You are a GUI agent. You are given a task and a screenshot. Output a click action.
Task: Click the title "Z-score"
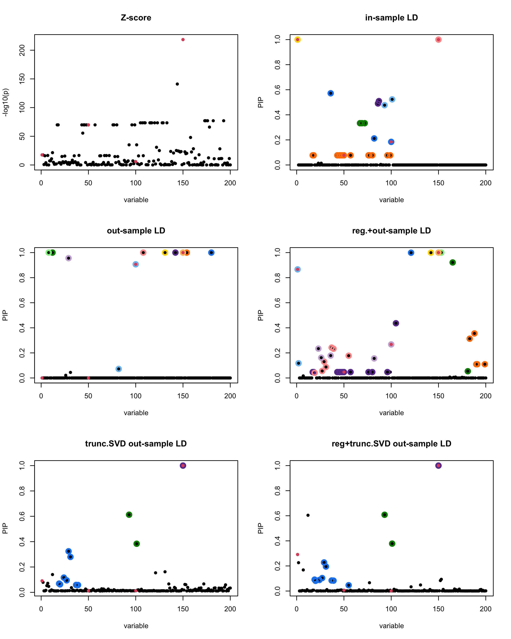(136, 18)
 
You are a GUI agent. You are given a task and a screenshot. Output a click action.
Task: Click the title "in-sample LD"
(391, 18)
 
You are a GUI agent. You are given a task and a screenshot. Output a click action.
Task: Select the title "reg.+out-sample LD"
(391, 231)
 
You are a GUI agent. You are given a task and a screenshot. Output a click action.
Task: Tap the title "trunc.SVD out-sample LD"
(136, 444)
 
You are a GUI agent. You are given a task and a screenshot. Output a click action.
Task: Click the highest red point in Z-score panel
(183, 40)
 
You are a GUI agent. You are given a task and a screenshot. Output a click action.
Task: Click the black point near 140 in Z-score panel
(177, 84)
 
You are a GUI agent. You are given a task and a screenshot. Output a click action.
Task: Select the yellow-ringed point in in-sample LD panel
(298, 40)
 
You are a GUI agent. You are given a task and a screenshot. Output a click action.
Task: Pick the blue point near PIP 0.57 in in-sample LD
(331, 93)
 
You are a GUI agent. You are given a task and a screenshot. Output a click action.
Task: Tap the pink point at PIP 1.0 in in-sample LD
(438, 40)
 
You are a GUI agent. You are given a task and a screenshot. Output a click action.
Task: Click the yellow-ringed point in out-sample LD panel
(165, 253)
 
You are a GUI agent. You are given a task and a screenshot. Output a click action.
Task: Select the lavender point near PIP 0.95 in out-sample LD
(68, 258)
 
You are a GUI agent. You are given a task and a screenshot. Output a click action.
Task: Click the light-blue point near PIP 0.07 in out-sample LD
(119, 369)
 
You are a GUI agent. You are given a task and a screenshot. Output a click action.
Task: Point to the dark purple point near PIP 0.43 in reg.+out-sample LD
(396, 323)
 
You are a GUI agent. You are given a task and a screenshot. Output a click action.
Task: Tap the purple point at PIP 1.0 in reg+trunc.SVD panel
(438, 466)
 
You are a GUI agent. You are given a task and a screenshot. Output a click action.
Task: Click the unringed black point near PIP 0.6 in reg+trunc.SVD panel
(308, 515)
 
